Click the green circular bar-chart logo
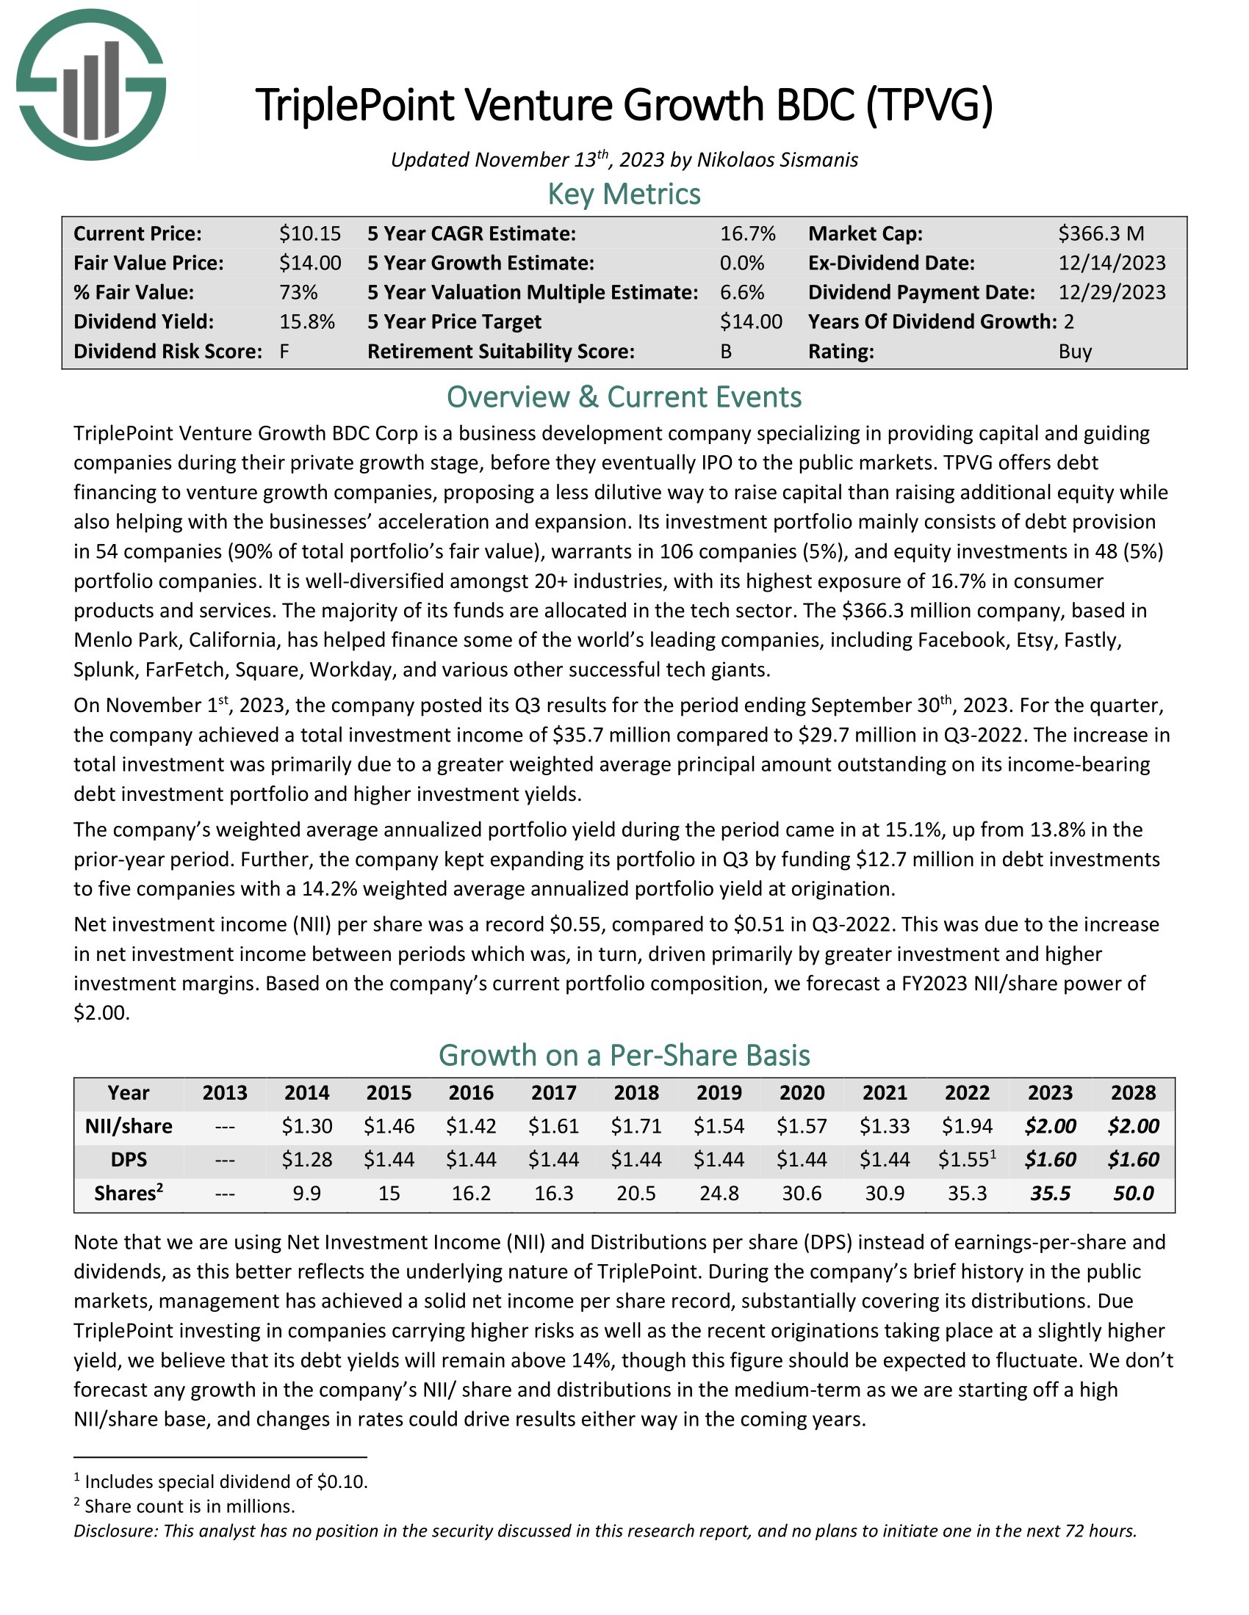pyautogui.click(x=91, y=84)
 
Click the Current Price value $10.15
pyautogui.click(x=309, y=233)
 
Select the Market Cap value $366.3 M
pyautogui.click(x=1101, y=233)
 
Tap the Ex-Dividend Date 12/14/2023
pyautogui.click(x=1112, y=264)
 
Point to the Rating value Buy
pyautogui.click(x=1074, y=351)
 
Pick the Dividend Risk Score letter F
pyautogui.click(x=284, y=351)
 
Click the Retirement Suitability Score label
pyautogui.click(x=501, y=351)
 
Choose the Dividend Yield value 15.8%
pyautogui.click(x=306, y=322)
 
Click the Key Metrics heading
pyautogui.click(x=624, y=194)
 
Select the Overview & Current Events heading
pyautogui.click(x=624, y=397)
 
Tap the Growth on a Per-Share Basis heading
pyautogui.click(x=624, y=1055)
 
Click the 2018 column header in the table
pyautogui.click(x=636, y=1093)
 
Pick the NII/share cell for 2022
pyautogui.click(x=967, y=1126)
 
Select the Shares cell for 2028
pyautogui.click(x=1133, y=1194)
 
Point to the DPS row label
pyautogui.click(x=129, y=1159)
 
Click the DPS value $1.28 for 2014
pyautogui.click(x=306, y=1159)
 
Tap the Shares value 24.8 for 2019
pyautogui.click(x=719, y=1194)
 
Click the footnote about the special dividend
pyautogui.click(x=225, y=1482)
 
